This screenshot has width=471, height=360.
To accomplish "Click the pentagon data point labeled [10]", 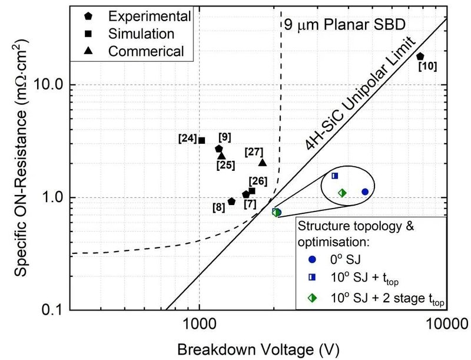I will tap(420, 57).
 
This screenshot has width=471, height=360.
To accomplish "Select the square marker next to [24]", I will tap(201, 140).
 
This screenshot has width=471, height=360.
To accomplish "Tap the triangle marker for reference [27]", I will tap(263, 162).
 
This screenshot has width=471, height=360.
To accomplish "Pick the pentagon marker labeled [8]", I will tap(231, 202).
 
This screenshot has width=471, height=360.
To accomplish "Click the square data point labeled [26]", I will tap(252, 191).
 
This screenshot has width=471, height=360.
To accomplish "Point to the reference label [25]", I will tap(224, 164).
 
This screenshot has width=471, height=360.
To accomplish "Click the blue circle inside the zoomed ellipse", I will tap(365, 191).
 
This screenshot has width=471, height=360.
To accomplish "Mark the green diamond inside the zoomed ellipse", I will tap(343, 193).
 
